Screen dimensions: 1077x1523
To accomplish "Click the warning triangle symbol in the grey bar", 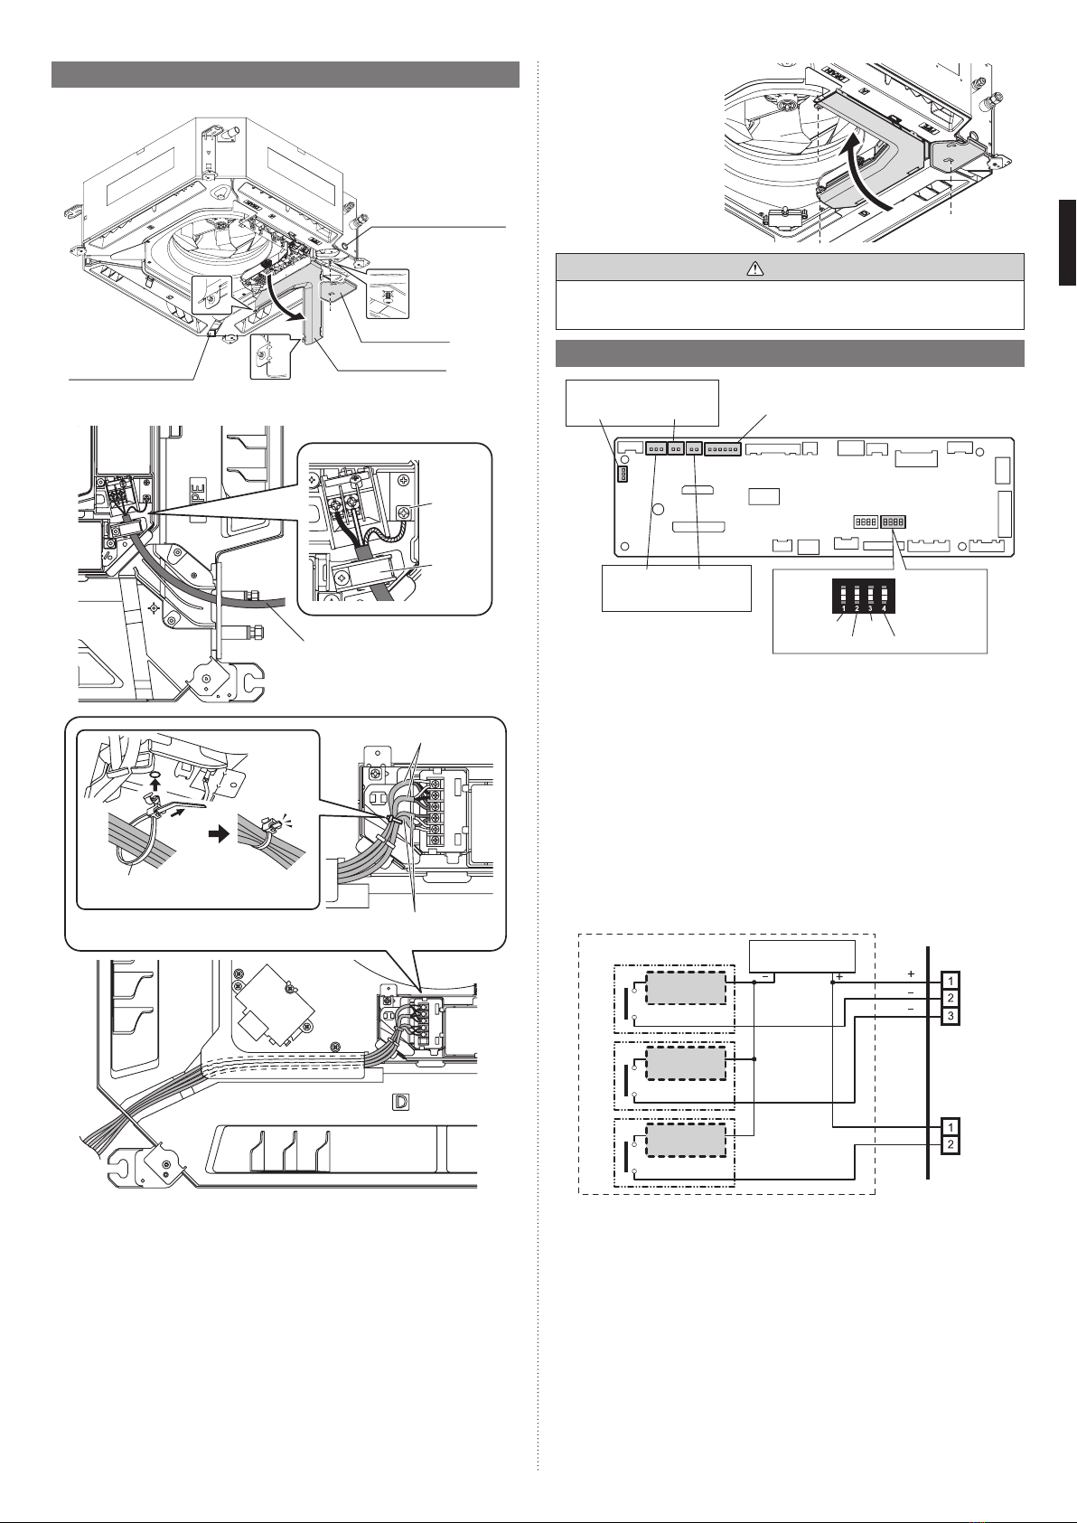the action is [754, 268].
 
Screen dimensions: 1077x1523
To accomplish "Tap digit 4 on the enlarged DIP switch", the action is [884, 607].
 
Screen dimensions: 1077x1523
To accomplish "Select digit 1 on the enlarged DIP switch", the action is [843, 607].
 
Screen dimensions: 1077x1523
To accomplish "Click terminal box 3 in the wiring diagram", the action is [950, 1016].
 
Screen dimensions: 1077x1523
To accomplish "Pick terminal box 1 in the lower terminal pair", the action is [950, 1127].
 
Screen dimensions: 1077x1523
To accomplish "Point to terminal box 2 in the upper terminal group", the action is [950, 998].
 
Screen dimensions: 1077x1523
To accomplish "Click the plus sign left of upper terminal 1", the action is [911, 973].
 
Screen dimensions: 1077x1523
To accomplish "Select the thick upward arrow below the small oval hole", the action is [155, 791].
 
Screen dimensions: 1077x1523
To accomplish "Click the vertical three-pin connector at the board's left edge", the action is [622, 473].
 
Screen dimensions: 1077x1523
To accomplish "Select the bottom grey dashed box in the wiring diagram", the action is [686, 1140].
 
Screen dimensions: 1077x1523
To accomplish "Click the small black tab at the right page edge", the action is [1067, 243].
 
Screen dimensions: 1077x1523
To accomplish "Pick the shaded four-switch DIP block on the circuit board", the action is [893, 522].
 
